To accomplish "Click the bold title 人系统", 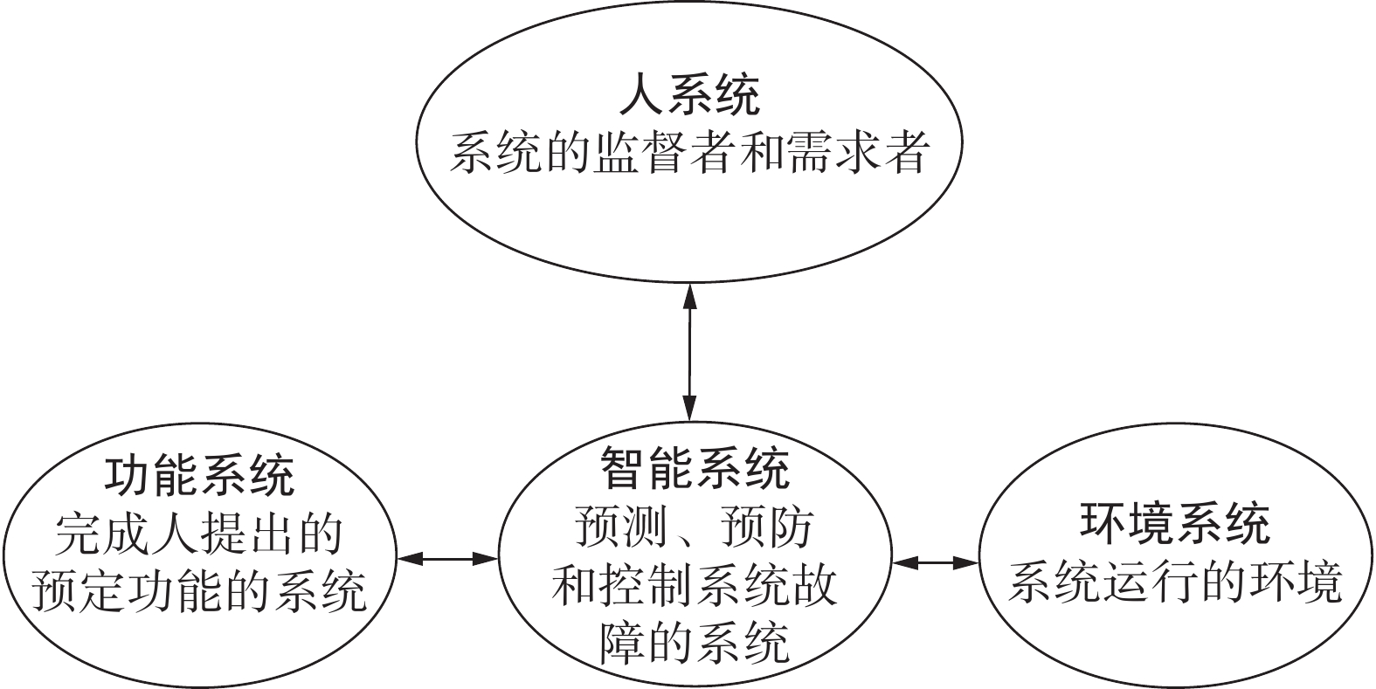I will point(688,95).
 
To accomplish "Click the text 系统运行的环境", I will point(1175,582).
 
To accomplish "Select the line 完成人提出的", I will point(199,534).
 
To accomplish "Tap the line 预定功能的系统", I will point(199,591).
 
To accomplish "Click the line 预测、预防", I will point(695,526).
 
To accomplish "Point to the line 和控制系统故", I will point(695,583).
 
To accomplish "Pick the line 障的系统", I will point(695,642).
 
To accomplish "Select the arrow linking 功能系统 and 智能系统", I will point(446,558).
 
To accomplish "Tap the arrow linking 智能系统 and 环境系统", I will point(935,562).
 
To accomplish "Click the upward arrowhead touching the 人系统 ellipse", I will point(689,295).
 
